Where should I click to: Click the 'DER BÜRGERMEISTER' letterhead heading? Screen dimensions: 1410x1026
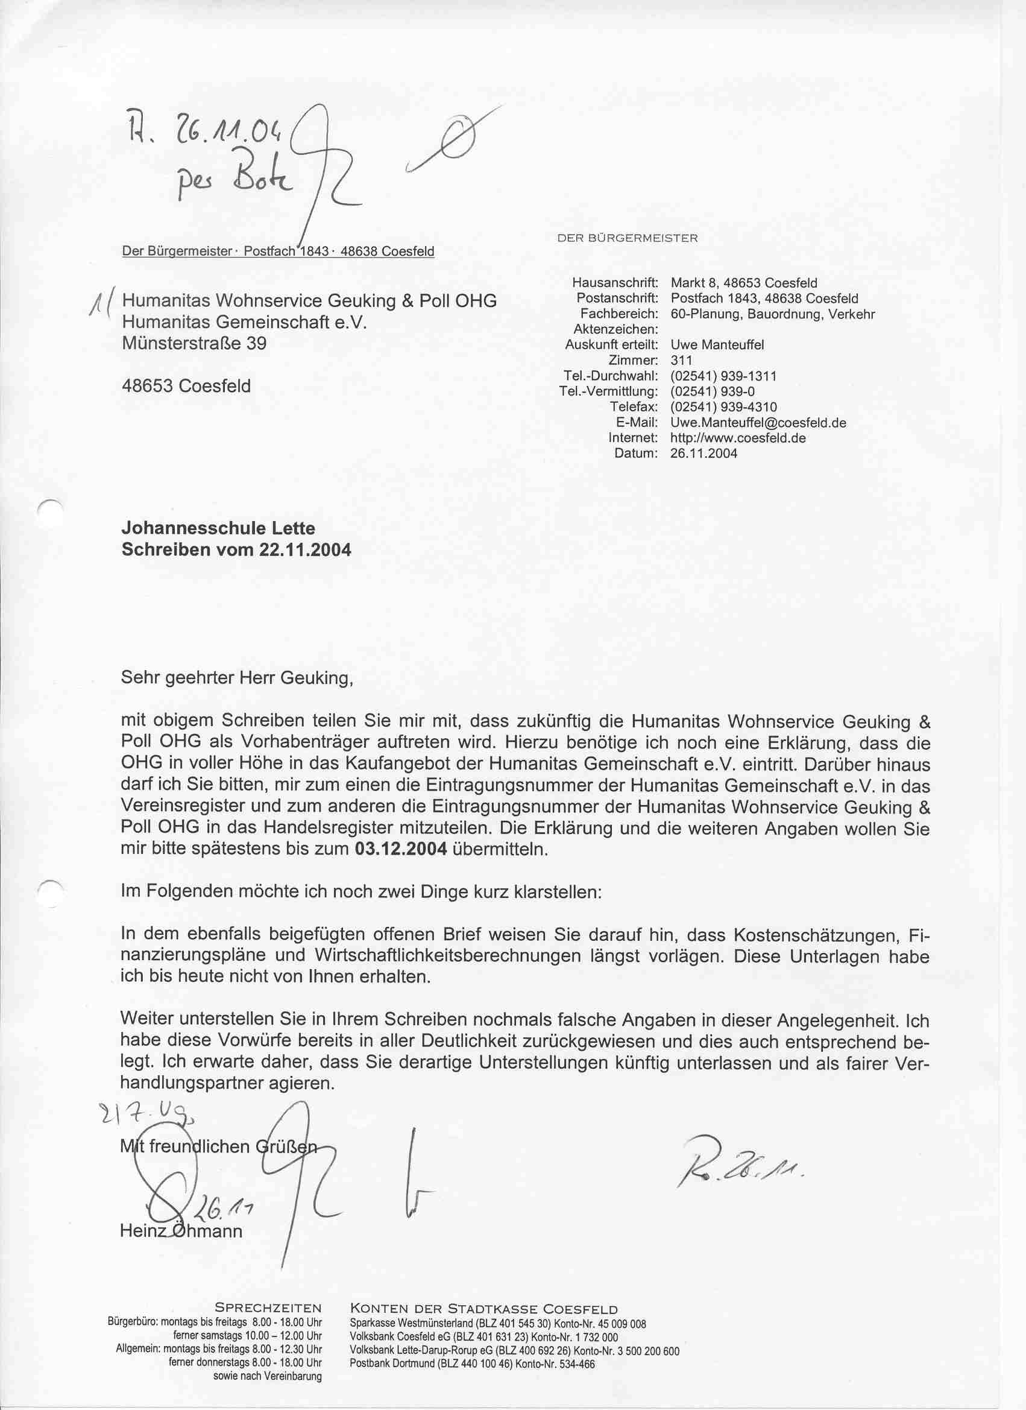click(628, 238)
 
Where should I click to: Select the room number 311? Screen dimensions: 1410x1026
click(682, 361)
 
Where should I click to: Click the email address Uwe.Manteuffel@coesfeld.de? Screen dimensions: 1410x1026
click(758, 423)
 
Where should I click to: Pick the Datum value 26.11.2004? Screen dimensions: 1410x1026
click(704, 454)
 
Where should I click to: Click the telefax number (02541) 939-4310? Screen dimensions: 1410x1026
click(723, 407)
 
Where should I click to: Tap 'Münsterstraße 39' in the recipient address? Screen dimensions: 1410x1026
click(195, 343)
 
